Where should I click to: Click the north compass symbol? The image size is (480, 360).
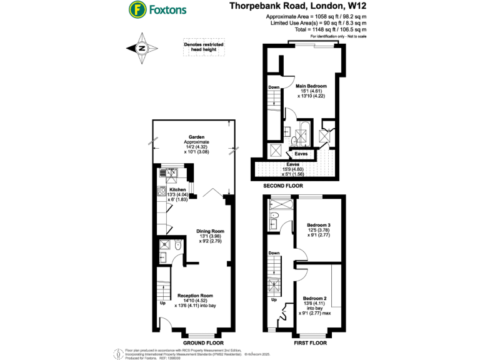click(142, 48)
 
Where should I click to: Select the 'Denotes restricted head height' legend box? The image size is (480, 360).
click(203, 49)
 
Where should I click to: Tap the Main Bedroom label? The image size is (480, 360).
click(311, 86)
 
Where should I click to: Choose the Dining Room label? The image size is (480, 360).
click(210, 231)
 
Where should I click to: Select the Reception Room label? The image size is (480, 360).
click(196, 296)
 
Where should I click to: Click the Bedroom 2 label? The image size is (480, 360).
click(317, 299)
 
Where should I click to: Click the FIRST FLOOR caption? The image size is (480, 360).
click(310, 343)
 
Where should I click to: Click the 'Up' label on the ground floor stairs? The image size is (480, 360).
click(162, 304)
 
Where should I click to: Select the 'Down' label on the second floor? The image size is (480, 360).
click(274, 87)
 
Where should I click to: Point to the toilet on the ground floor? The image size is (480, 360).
click(178, 246)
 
